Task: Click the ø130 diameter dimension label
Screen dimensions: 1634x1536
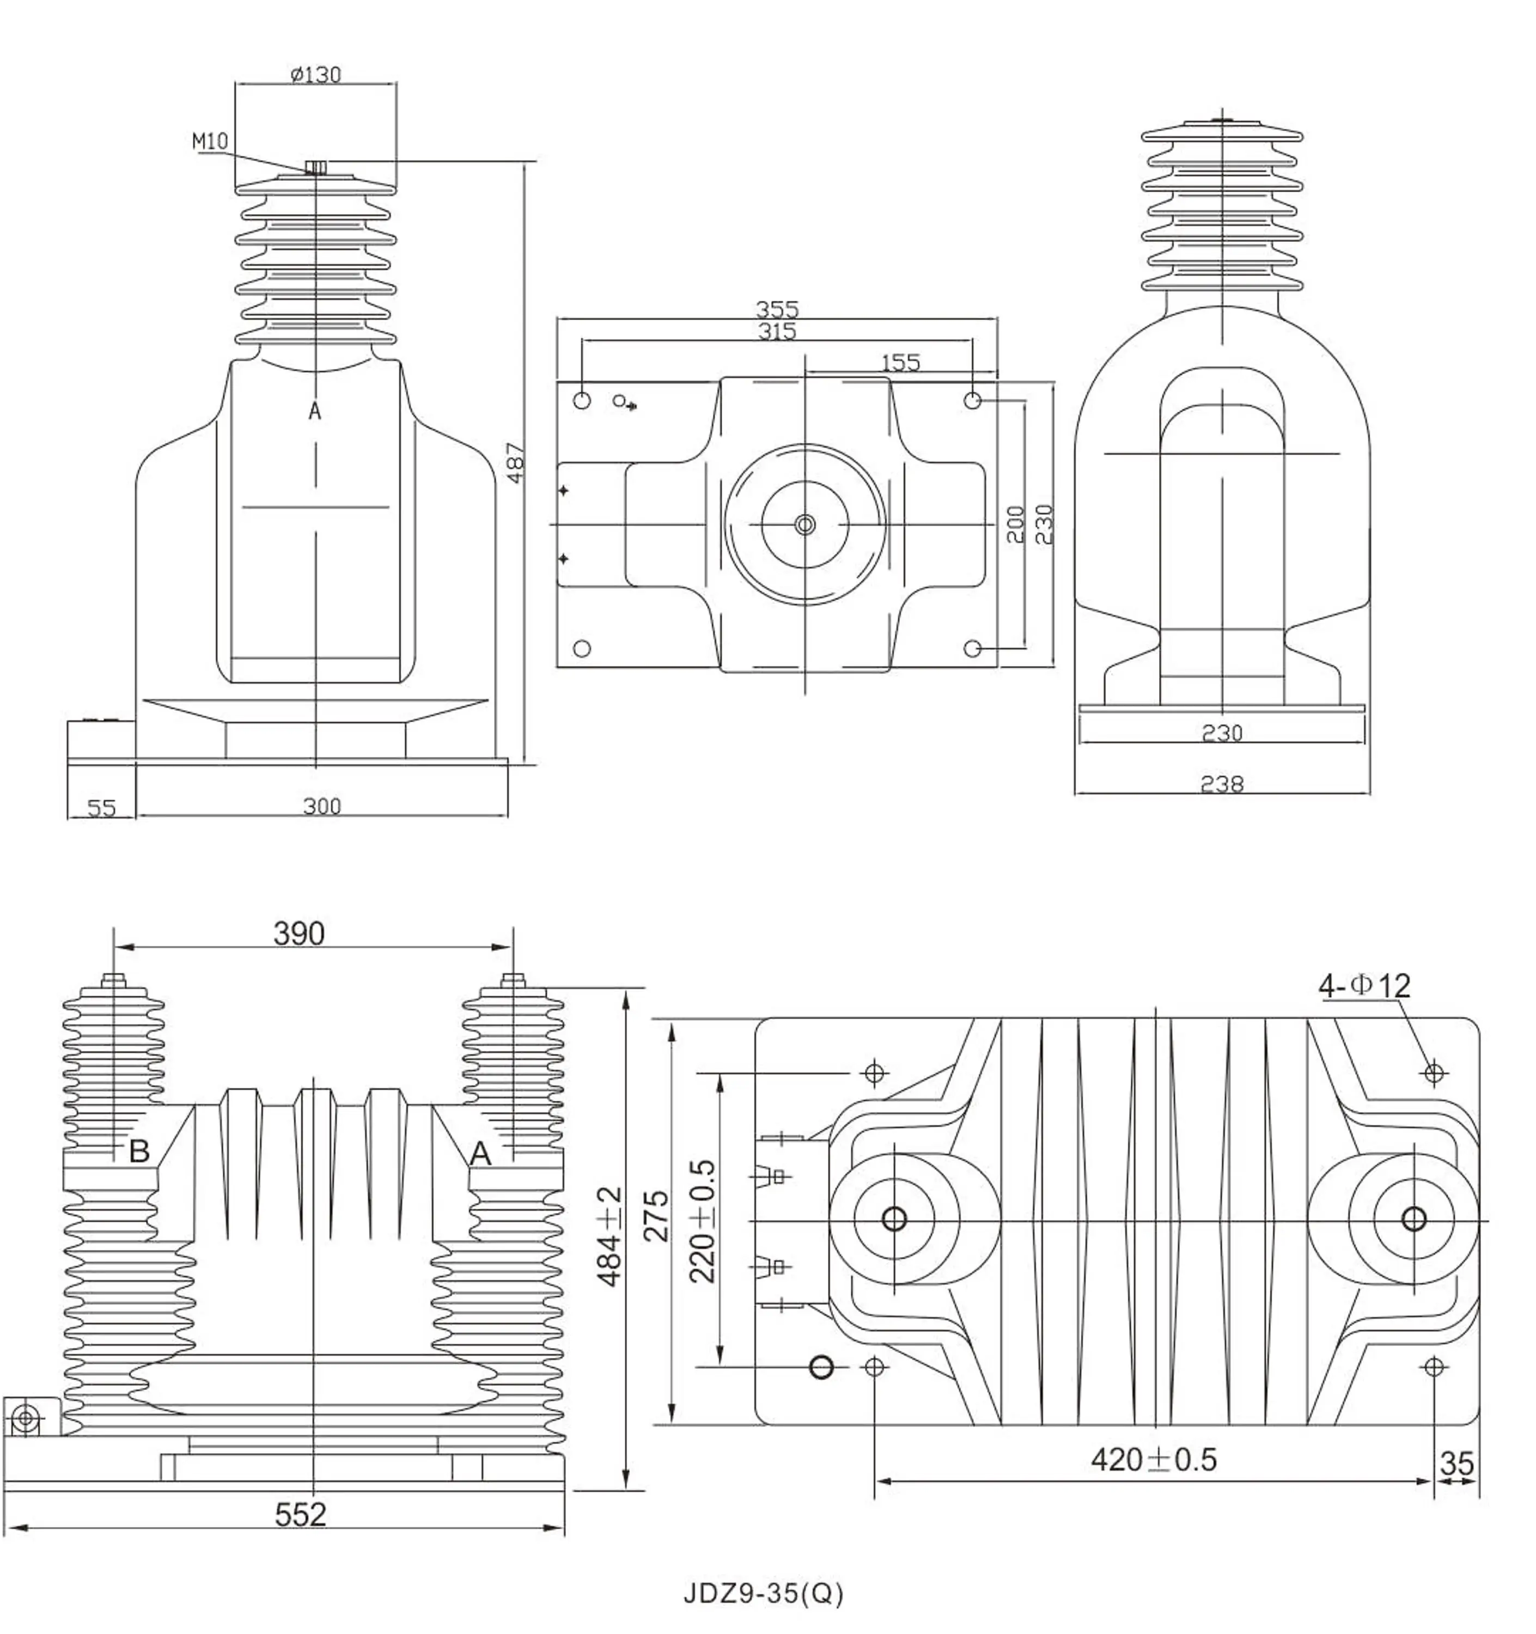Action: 315,75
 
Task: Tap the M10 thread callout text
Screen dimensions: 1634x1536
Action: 210,142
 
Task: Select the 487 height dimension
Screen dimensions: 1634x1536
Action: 515,463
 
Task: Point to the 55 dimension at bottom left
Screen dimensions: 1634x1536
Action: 101,808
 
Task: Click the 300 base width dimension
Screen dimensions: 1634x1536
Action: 321,806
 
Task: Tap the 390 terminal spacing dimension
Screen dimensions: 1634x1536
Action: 299,934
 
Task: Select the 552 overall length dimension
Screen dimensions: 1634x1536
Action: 300,1514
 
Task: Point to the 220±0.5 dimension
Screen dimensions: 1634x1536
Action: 702,1221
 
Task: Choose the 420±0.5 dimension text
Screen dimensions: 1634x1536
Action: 1153,1460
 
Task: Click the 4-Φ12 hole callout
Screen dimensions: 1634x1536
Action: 1364,985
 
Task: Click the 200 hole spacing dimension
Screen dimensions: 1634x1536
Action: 1016,525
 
